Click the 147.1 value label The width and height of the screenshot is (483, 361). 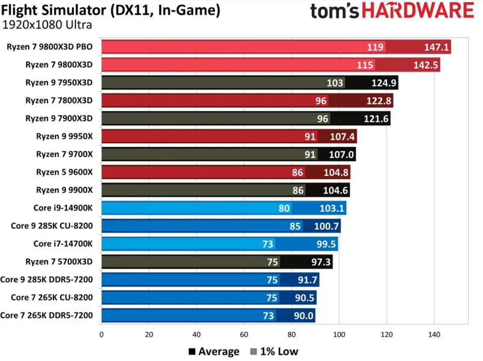436,47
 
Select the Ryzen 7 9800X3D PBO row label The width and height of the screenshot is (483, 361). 50,47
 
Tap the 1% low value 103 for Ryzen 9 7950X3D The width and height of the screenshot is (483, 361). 335,83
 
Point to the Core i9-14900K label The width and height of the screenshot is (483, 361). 63,208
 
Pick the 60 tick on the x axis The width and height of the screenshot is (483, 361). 244,335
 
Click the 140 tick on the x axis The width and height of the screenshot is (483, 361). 434,335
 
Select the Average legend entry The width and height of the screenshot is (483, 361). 214,352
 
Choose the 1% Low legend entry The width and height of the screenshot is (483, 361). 274,352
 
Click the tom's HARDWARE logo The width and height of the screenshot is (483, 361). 392,12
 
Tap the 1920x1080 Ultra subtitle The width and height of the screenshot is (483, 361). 47,25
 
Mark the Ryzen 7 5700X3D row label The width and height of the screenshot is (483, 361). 59,262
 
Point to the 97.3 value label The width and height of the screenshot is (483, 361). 321,262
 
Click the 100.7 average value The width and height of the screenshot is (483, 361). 326,226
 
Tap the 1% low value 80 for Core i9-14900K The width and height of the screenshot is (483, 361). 284,208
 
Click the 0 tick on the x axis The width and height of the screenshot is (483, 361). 101,335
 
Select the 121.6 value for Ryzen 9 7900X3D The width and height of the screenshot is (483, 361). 376,119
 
